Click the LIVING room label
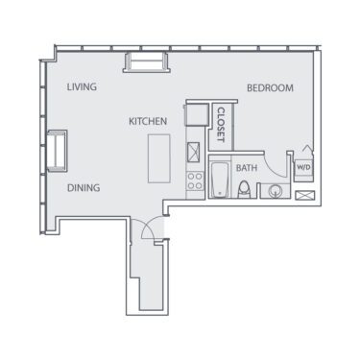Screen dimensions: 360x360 click(82, 87)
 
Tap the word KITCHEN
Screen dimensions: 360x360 click(149, 122)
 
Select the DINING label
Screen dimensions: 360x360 click(84, 188)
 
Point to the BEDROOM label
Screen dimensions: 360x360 click(270, 88)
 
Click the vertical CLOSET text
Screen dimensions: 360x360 click(221, 125)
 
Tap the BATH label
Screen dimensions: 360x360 click(247, 168)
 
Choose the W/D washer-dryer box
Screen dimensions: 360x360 click(303, 168)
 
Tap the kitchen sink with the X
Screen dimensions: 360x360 click(194, 152)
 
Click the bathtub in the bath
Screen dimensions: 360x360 click(220, 180)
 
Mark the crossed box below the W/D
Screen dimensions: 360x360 click(305, 195)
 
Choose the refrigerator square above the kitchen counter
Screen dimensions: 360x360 click(196, 114)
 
